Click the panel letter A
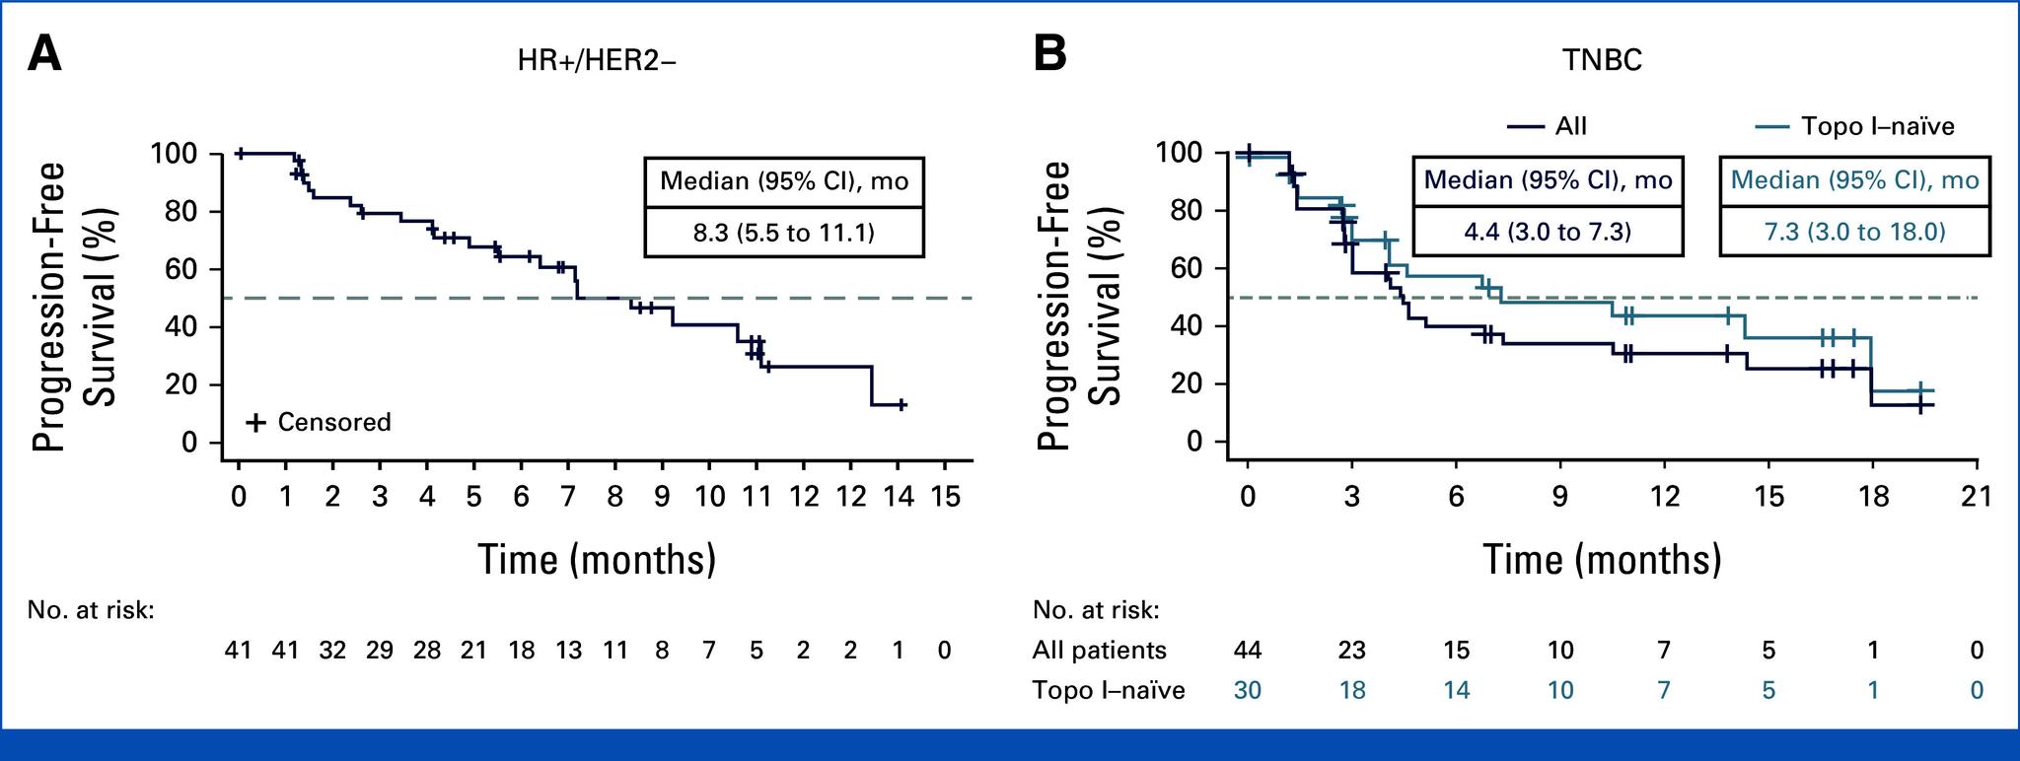(x=44, y=54)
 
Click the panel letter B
(x=1049, y=54)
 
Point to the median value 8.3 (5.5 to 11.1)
(x=784, y=233)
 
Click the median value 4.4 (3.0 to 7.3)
(x=1549, y=232)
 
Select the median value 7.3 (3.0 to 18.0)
(x=1854, y=232)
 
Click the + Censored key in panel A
(x=320, y=423)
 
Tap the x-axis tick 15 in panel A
(x=945, y=496)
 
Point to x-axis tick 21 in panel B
(x=1977, y=496)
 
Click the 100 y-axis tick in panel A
(x=174, y=154)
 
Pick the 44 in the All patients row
(x=1248, y=651)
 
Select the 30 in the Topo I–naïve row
(x=1248, y=690)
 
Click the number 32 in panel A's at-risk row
(x=332, y=651)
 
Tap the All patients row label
(x=1099, y=651)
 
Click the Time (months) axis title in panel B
(x=1603, y=560)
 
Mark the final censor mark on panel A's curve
(x=901, y=404)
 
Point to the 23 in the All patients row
(x=1351, y=651)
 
